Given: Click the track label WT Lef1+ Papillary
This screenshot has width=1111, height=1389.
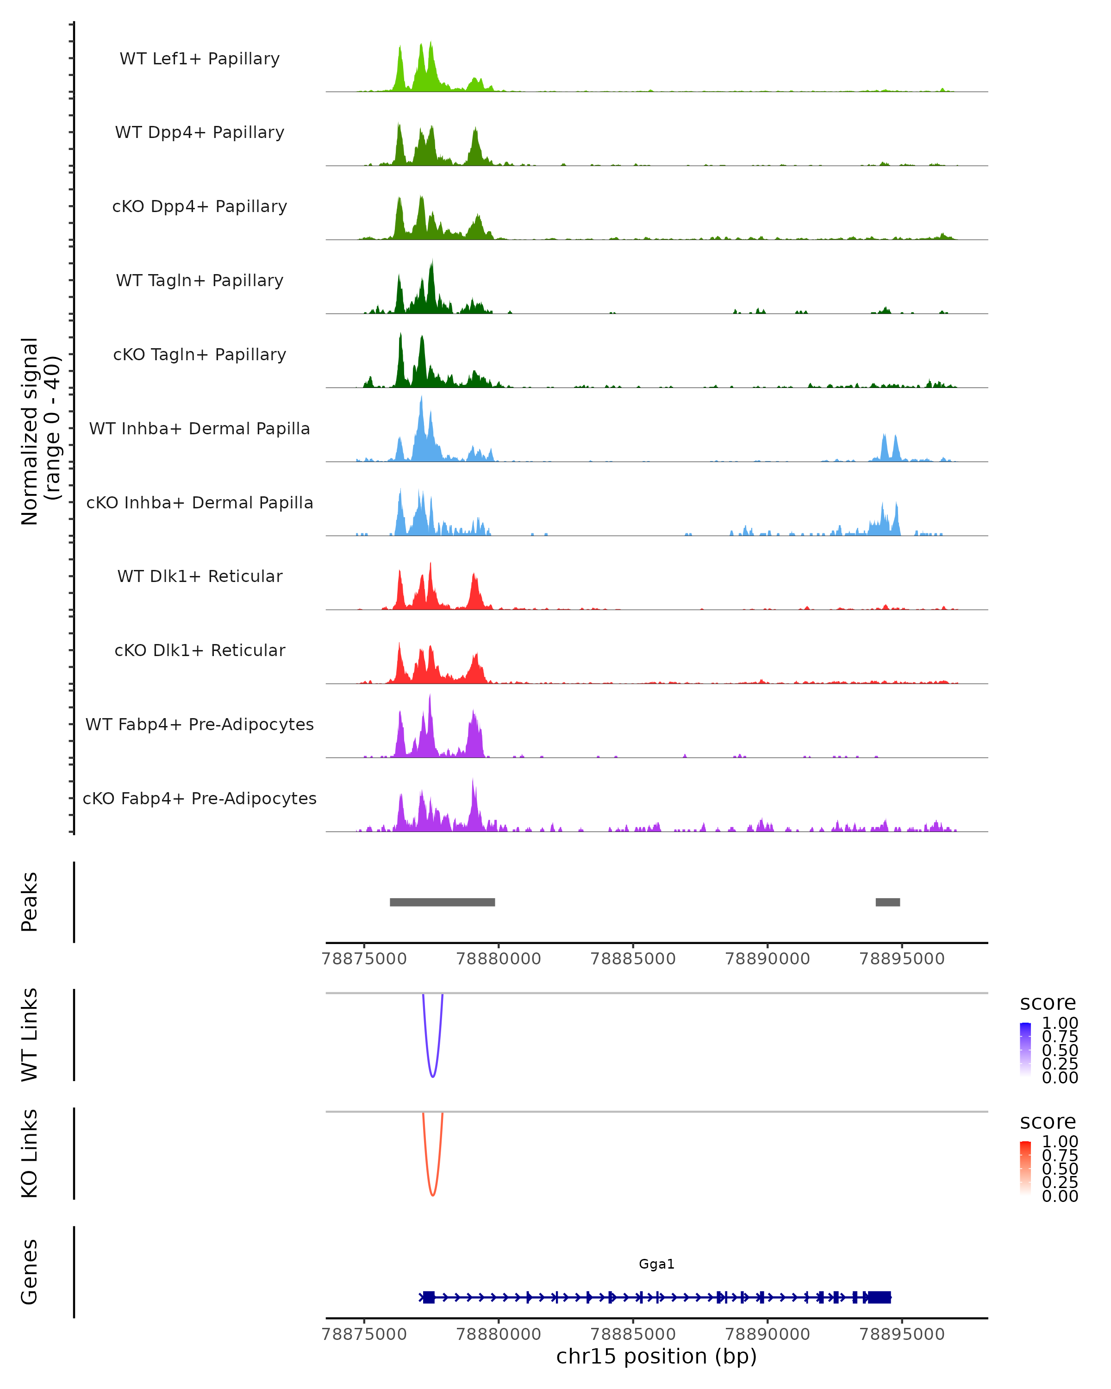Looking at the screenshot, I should coord(200,59).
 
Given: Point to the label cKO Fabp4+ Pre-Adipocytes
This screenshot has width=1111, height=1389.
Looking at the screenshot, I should coord(200,798).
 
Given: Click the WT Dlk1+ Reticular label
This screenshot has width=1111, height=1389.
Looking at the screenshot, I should coord(200,576).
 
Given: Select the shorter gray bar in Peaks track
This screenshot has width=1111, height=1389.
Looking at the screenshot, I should coord(887,902).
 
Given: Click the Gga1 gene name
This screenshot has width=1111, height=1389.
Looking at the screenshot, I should coord(656,1264).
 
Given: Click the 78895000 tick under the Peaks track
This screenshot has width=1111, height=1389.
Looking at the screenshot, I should coord(902,959).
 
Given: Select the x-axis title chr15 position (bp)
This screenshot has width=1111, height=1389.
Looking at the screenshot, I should coord(656,1357).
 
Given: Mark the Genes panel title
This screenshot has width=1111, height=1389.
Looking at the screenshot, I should coord(30,1272).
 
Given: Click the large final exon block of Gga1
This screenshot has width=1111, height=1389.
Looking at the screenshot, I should coord(879,1297).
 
